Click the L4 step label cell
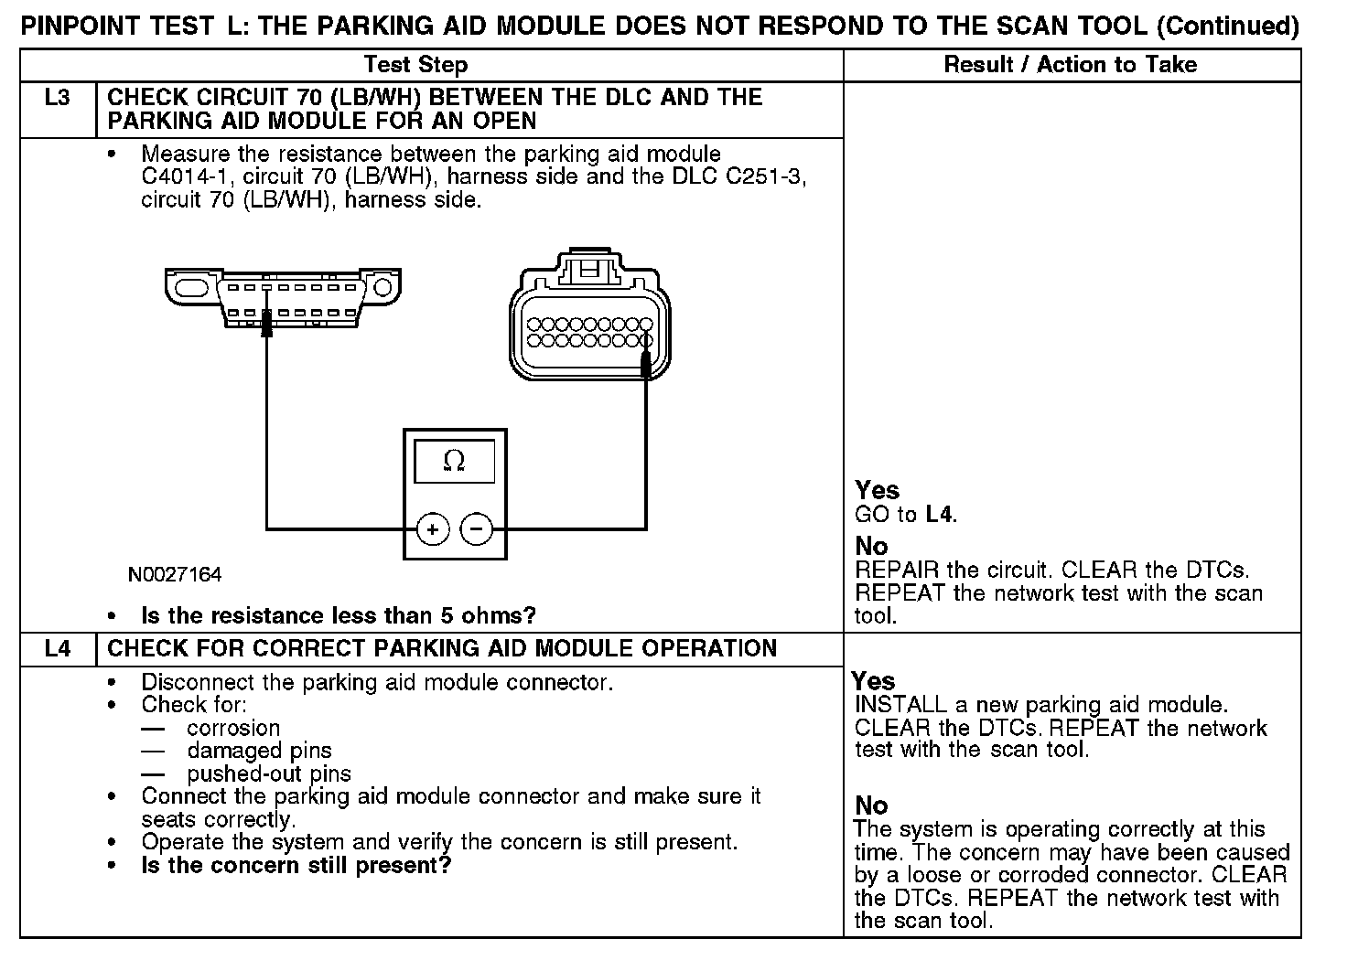tap(57, 649)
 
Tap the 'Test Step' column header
tap(415, 65)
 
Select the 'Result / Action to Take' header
tap(1070, 65)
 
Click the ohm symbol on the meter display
tap(454, 461)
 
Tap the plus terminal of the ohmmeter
tap(433, 529)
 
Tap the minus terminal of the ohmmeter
tap(476, 529)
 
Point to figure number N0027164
tap(175, 575)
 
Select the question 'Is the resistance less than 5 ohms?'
tap(339, 615)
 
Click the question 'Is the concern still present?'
tap(296, 865)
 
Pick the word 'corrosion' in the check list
tap(233, 729)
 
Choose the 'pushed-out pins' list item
tap(269, 774)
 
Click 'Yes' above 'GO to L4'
tap(877, 490)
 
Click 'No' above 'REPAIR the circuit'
tap(871, 547)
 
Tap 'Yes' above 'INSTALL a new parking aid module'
tap(873, 681)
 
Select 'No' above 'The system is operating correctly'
tap(871, 805)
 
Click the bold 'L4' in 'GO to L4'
tap(940, 515)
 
